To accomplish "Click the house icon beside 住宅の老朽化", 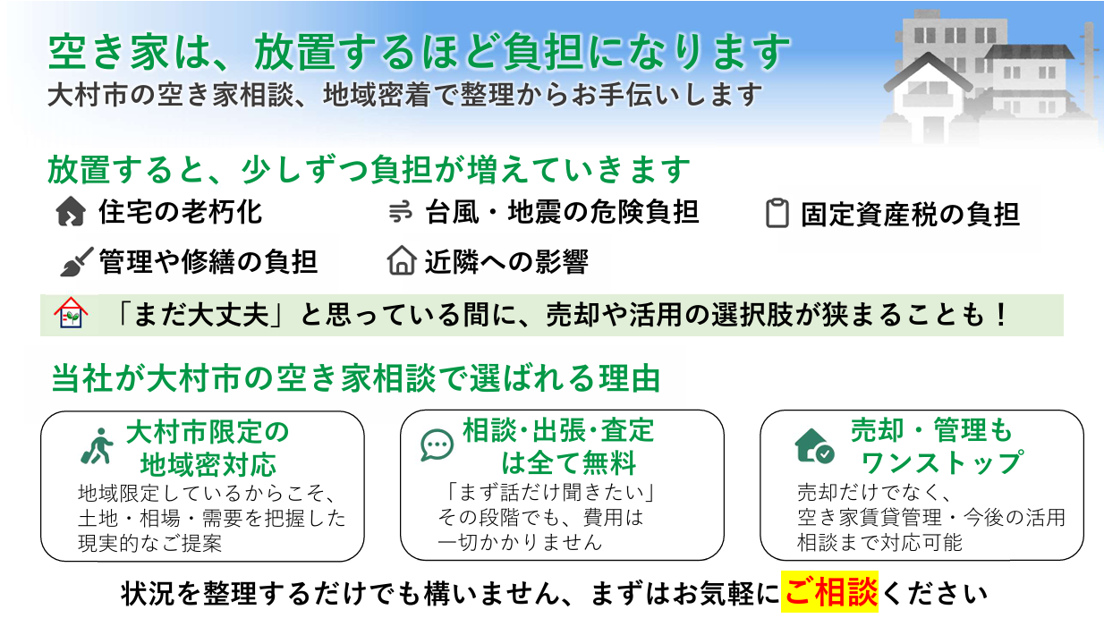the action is click(71, 211).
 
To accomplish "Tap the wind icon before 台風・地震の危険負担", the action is click(400, 212).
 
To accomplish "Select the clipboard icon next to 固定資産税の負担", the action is click(777, 214).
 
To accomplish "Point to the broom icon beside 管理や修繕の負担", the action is click(76, 262).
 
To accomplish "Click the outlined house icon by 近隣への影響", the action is click(402, 260).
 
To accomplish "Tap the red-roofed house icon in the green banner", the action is click(71, 313).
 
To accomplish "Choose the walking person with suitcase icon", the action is click(98, 446).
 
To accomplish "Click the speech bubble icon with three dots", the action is click(437, 445).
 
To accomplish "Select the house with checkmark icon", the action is click(814, 446).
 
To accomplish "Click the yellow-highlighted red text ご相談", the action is click(830, 592).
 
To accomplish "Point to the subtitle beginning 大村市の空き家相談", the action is click(405, 95).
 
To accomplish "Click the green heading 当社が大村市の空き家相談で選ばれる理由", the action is click(356, 378).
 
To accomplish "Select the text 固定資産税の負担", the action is click(910, 215).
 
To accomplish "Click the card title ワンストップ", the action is click(942, 462).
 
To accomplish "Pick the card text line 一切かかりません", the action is click(520, 543).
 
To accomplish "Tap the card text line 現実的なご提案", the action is click(149, 544).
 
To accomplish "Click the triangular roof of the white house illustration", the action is click(929, 72).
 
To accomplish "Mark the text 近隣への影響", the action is click(506, 262).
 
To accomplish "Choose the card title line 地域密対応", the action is click(208, 465).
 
